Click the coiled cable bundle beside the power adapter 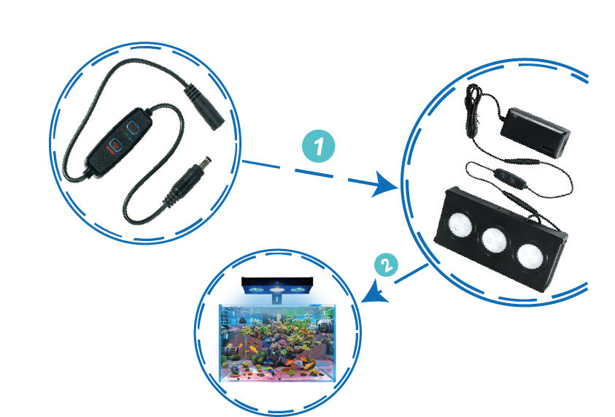click(473, 100)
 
